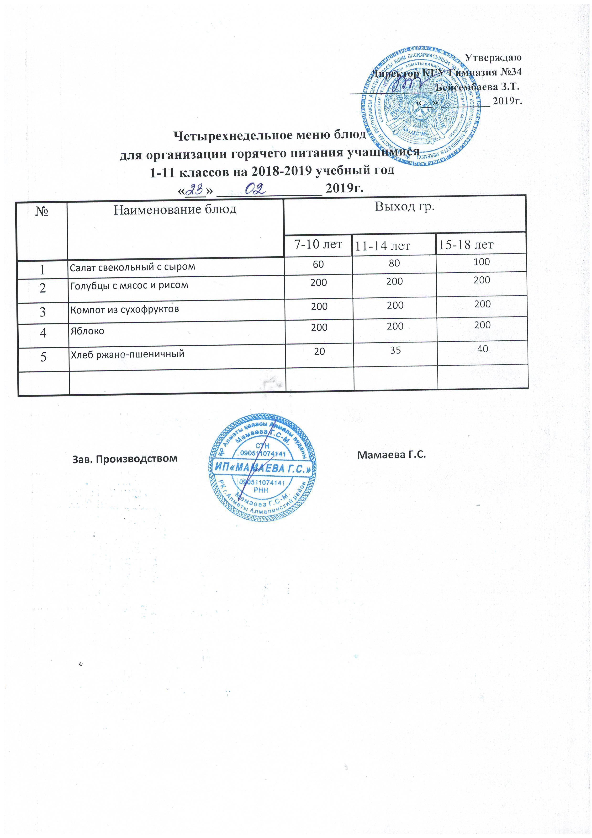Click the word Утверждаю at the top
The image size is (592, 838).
click(x=493, y=57)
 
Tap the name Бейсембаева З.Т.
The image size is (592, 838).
click(x=478, y=87)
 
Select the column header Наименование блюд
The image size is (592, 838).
click(x=175, y=209)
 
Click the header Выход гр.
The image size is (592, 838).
click(x=405, y=207)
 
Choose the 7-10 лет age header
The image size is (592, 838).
click(x=318, y=244)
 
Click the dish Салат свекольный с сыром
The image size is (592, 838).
click(x=132, y=267)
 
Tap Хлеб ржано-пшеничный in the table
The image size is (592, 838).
click(x=127, y=354)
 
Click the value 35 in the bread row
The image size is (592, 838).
click(x=395, y=350)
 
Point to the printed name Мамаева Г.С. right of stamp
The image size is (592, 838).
click(x=392, y=455)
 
